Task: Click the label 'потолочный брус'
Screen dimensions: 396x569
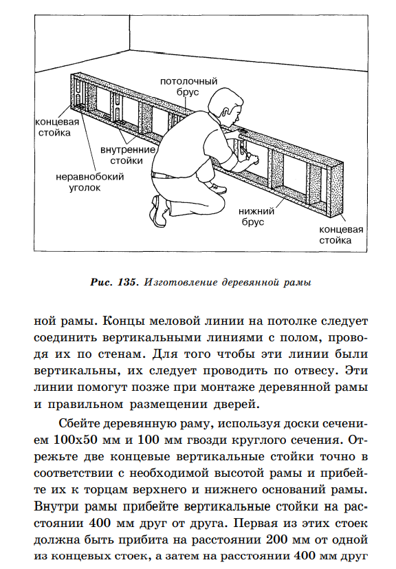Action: click(x=188, y=87)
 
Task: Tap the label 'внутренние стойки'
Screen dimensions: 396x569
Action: click(x=127, y=155)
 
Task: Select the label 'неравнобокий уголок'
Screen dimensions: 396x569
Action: click(x=89, y=182)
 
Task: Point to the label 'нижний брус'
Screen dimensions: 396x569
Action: click(x=256, y=216)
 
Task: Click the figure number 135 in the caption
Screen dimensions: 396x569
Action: click(x=126, y=282)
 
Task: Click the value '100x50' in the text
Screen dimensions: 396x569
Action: click(x=76, y=440)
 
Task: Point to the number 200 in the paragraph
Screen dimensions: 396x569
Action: click(x=276, y=539)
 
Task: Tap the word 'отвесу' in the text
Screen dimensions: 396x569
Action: click(x=316, y=370)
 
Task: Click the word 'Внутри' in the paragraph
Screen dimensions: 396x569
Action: click(x=56, y=506)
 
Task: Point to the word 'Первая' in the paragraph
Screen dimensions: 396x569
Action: click(x=254, y=524)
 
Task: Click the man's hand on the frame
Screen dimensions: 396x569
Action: click(x=253, y=158)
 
